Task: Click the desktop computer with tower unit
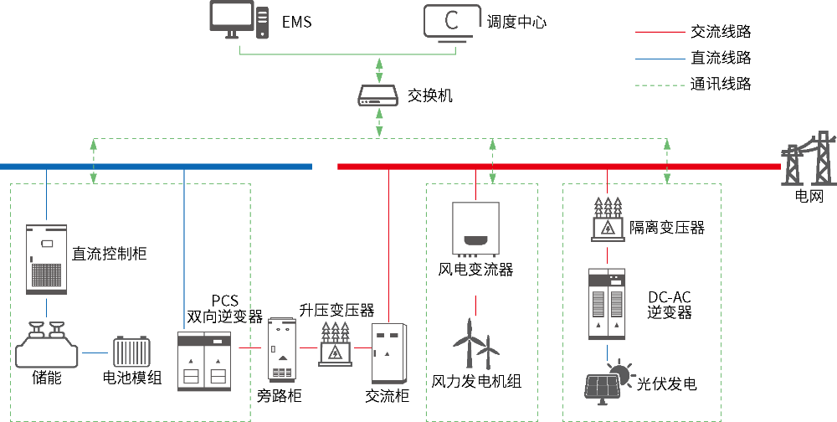[x=239, y=19]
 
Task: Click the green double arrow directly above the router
[x=379, y=69]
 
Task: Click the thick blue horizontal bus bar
[x=156, y=167]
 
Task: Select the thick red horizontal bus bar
[x=558, y=167]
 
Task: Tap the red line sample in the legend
[x=660, y=32]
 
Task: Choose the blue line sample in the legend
[x=660, y=59]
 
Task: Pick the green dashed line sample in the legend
[x=660, y=85]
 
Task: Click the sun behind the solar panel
[x=619, y=372]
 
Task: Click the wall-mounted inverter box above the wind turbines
[x=475, y=228]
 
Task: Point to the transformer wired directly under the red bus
[x=608, y=219]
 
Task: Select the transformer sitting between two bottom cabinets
[x=335, y=344]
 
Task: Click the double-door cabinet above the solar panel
[x=607, y=304]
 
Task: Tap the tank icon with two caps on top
[x=47, y=346]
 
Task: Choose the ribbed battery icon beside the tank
[x=131, y=351]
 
